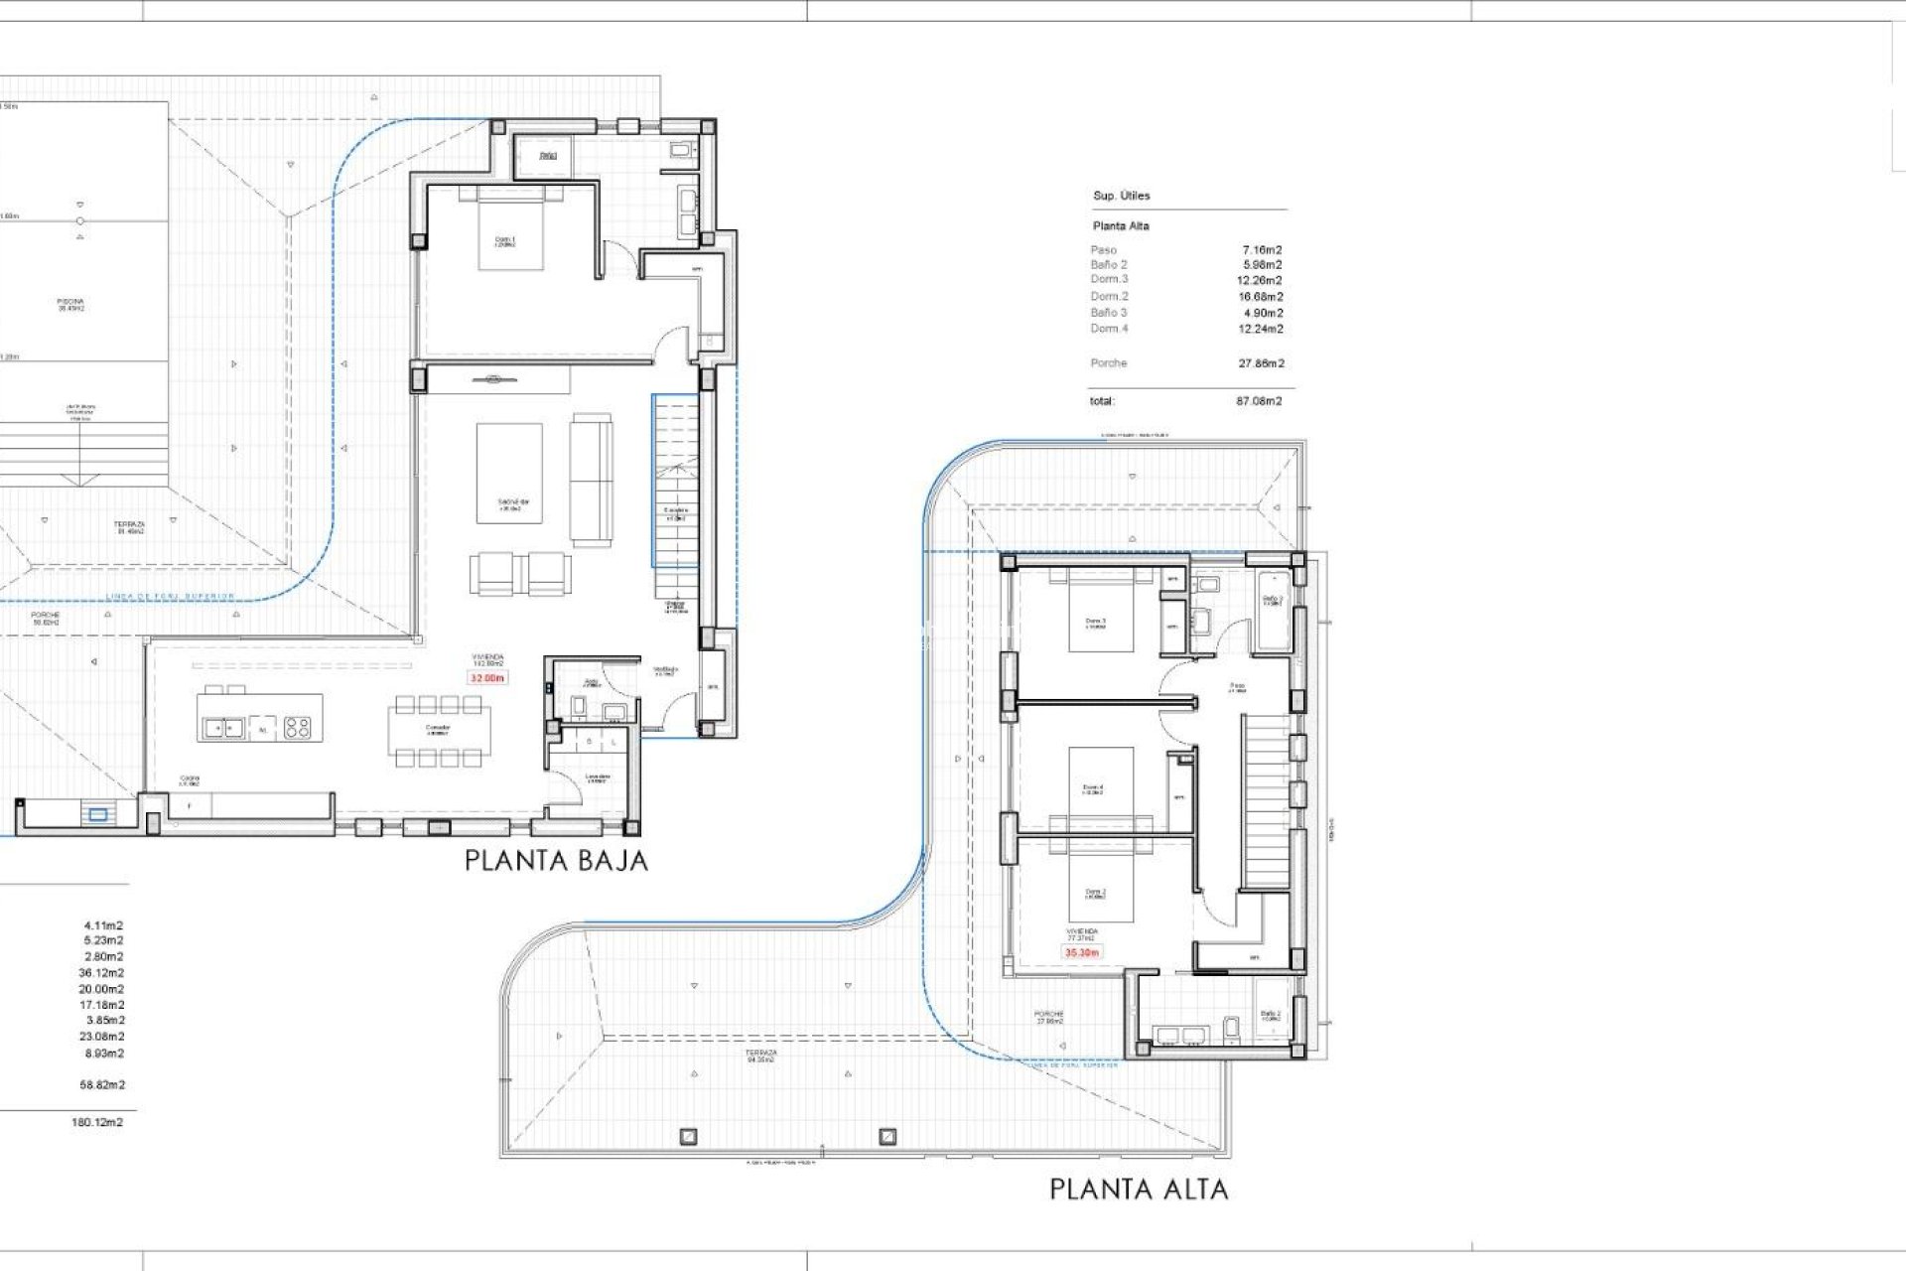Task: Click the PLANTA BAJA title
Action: (x=556, y=861)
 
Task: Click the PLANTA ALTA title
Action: (x=1139, y=1189)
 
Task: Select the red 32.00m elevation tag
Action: (x=486, y=678)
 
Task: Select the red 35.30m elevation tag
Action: (x=1081, y=952)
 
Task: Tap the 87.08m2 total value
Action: (x=1259, y=401)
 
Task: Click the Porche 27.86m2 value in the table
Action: (x=1261, y=363)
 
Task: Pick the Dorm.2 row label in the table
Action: (x=1109, y=296)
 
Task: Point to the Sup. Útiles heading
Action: (x=1121, y=196)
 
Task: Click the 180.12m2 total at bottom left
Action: (x=97, y=1122)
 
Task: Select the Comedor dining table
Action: (x=438, y=731)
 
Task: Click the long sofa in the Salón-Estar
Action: (x=591, y=480)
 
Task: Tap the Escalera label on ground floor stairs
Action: (x=676, y=513)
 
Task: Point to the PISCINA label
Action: (x=70, y=304)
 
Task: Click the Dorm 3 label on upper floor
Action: (x=1095, y=624)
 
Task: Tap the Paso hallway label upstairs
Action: (x=1237, y=687)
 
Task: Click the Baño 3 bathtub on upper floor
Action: (x=1273, y=610)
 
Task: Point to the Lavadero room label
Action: (x=597, y=778)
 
